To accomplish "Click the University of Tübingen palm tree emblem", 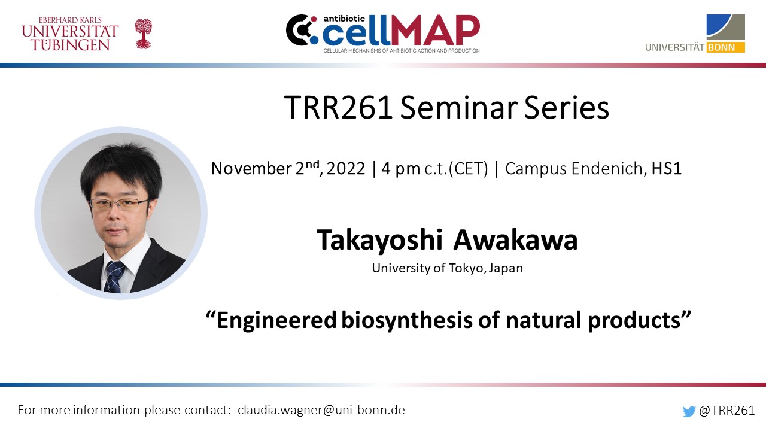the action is tap(143, 34).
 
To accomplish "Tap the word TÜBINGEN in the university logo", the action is tap(71, 45).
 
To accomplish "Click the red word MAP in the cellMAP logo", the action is tap(435, 31).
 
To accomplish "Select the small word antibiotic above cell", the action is tap(344, 19).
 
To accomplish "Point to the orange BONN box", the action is tap(726, 47).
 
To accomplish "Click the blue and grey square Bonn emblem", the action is tap(726, 28).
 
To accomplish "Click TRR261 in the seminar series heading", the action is tap(338, 108).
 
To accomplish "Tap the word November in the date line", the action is tap(251, 169).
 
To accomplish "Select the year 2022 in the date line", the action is tap(346, 169).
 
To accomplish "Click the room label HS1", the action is tap(667, 169).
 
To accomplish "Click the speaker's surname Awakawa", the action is tap(515, 240).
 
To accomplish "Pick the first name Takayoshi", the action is tap(379, 241).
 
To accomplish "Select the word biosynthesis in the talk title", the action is tap(407, 320).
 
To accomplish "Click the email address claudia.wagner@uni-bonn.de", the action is tap(321, 410).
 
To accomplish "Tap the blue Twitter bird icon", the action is tap(689, 411).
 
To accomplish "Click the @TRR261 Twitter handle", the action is tap(727, 411).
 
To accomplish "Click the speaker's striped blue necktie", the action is tap(114, 277).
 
